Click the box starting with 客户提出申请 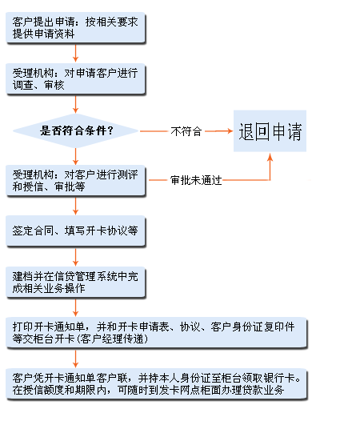point(75,28)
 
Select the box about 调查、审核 point(75,79)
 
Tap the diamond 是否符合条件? point(75,130)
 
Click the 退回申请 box point(270,131)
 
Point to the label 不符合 point(186,131)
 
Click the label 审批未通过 point(196,180)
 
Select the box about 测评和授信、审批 point(75,180)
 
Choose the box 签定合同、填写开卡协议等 point(75,231)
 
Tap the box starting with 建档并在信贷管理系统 point(75,283)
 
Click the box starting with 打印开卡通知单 point(156,333)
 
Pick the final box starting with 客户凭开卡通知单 point(156,384)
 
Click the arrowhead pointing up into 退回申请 point(270,157)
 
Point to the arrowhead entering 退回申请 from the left point(230,131)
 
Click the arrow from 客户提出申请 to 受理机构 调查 point(75,53)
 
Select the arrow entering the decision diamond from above point(75,104)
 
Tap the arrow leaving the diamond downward point(75,156)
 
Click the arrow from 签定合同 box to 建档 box point(75,257)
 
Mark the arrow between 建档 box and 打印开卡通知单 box point(75,307)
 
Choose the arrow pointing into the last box point(75,359)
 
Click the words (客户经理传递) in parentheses point(112,339)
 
